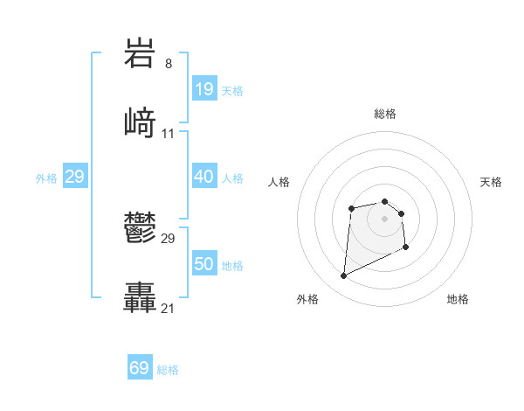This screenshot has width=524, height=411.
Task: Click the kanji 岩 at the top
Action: point(141,53)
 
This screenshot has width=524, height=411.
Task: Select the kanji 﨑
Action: point(141,122)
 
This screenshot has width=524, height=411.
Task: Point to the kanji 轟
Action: point(141,297)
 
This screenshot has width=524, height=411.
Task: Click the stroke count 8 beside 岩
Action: point(168,63)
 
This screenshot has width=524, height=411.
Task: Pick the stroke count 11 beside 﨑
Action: point(169,133)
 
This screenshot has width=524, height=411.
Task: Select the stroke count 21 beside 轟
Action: point(169,308)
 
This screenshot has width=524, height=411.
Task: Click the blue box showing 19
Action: point(203,88)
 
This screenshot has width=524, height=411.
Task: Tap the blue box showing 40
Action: point(203,177)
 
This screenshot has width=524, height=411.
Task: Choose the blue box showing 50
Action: point(203,264)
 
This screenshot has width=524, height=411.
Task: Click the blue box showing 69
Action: point(140,368)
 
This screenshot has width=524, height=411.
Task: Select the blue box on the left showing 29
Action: point(75,177)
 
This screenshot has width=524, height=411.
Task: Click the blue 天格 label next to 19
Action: point(232,90)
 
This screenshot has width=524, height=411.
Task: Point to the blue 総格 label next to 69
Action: point(168,370)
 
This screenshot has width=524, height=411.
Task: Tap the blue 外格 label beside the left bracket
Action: point(46,178)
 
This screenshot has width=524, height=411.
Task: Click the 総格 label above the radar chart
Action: point(385,114)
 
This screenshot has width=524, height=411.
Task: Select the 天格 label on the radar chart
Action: point(491,182)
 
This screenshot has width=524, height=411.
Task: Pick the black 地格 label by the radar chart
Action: point(458,299)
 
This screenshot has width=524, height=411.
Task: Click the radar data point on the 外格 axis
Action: point(343,276)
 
